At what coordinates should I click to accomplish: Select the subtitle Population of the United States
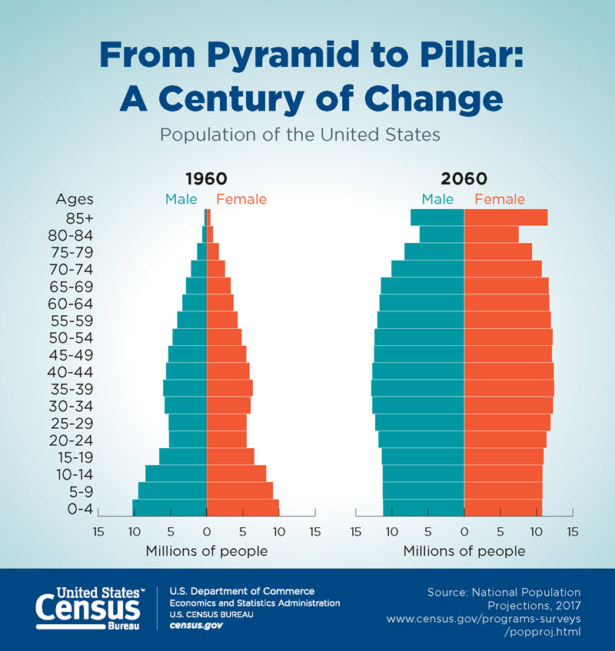pos(300,134)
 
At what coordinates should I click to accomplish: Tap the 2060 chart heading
pos(464,179)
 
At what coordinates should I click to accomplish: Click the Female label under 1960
pos(241,200)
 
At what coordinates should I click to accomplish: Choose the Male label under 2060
pos(437,200)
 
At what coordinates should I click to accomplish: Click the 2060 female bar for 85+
pos(505,218)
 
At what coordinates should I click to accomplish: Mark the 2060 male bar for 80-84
pos(441,234)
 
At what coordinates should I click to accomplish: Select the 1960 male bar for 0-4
pos(169,507)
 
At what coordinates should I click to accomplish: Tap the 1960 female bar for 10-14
pos(236,473)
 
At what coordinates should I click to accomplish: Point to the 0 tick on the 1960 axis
pos(206,531)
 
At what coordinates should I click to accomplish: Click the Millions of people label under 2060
pos(464,551)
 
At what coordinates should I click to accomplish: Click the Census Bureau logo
pos(88,608)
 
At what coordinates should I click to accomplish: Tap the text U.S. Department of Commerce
pos(241,591)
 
